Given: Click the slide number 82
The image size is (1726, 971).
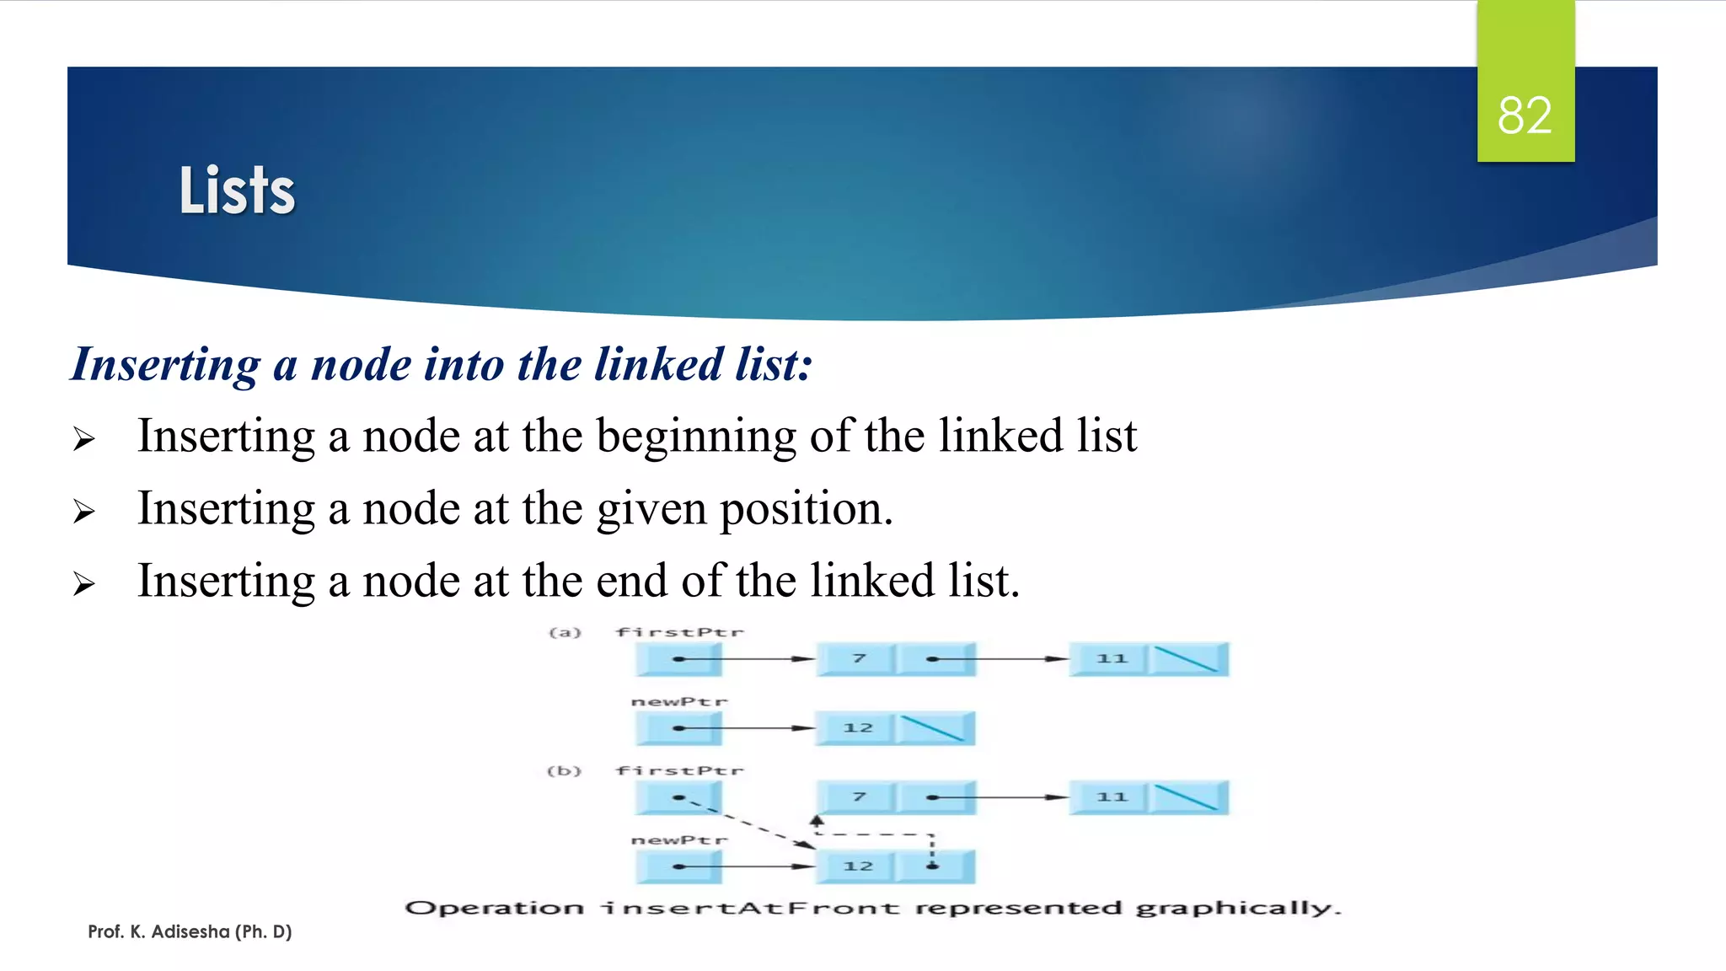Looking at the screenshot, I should point(1525,115).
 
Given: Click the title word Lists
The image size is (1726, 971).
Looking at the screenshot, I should point(237,190).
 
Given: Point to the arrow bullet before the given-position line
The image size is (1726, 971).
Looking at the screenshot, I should point(83,511).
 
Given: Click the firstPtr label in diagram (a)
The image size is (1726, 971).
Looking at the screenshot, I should point(679,632).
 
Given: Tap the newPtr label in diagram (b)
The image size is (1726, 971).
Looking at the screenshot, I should point(679,840).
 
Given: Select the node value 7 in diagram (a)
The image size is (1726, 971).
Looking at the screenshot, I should point(858,658).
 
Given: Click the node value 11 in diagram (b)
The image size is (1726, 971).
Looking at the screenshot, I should point(1111,797).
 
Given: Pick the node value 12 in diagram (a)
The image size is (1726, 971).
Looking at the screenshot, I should point(858,728).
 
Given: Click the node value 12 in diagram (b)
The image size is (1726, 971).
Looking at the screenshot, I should point(858,866).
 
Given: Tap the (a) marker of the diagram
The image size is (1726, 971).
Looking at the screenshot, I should point(565,632).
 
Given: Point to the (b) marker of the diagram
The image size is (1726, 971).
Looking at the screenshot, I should point(564,771).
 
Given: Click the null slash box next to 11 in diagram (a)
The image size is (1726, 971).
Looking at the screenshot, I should point(1187,659).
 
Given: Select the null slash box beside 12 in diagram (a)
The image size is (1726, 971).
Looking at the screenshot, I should point(934,728).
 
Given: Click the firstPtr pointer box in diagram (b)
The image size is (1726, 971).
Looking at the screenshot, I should point(678,797).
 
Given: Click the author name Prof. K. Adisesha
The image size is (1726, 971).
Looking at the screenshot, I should point(190,931).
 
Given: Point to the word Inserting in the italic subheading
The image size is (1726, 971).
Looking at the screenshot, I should point(166,365).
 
